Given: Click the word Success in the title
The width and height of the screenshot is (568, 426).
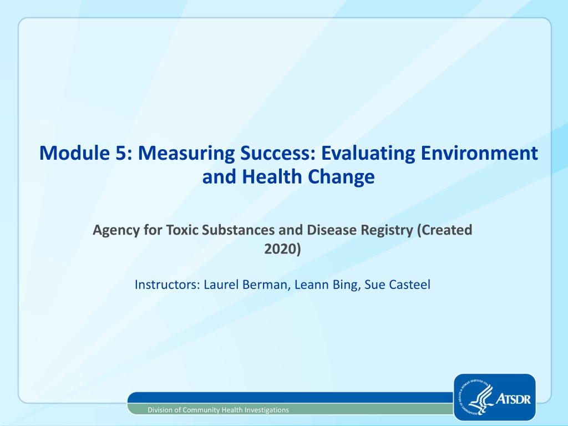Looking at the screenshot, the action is (x=277, y=153).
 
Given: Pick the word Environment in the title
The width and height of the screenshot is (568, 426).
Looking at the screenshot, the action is (x=479, y=153).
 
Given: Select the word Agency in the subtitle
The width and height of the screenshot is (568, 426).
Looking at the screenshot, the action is (x=116, y=231).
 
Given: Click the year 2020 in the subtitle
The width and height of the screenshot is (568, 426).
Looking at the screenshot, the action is (x=281, y=249).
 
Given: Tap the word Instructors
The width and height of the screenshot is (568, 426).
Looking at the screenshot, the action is (x=168, y=285).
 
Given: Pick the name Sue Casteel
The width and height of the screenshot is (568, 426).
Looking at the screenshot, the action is (x=397, y=285).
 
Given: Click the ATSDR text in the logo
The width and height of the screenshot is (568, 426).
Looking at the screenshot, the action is (x=513, y=399).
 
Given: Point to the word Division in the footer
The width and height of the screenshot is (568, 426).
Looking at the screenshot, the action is (x=160, y=410).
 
